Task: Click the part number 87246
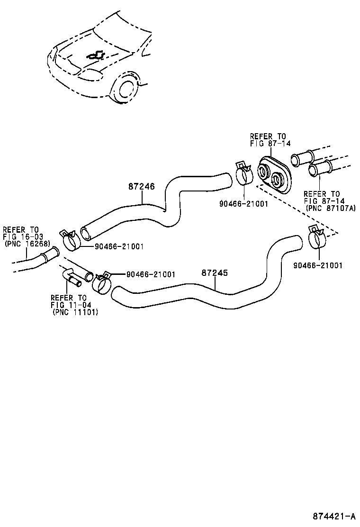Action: click(x=141, y=187)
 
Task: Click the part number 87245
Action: click(x=215, y=273)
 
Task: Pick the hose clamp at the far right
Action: click(x=317, y=237)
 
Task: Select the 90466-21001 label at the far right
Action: click(x=318, y=265)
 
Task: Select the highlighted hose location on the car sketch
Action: click(x=96, y=55)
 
